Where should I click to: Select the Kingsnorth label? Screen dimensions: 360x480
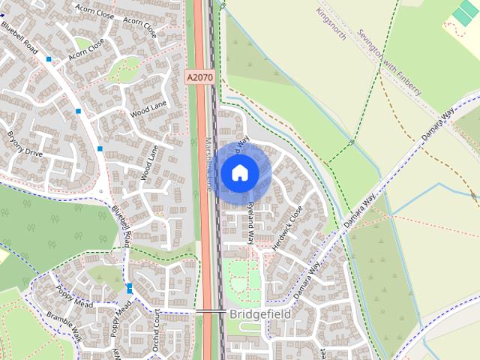[x=331, y=24]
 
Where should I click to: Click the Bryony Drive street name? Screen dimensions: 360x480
[x=25, y=142]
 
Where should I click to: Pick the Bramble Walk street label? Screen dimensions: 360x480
[x=64, y=325]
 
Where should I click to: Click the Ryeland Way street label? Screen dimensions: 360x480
[x=251, y=223]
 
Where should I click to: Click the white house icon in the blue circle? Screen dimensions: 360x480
[x=239, y=173]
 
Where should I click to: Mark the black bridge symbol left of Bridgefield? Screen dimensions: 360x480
[x=211, y=310]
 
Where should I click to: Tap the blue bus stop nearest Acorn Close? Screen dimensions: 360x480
[x=49, y=58]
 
